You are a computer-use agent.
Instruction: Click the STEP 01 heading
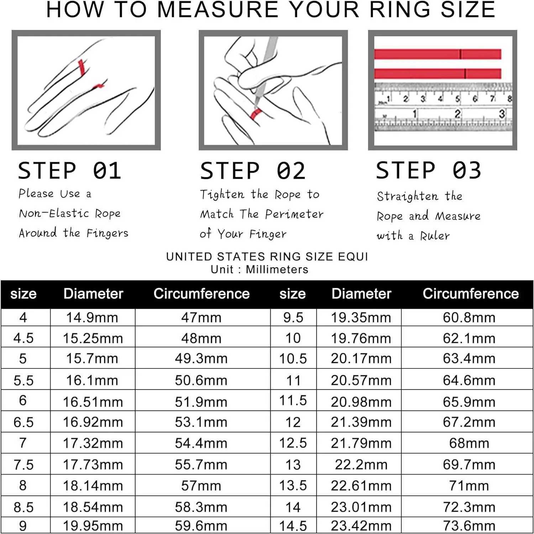[x=70, y=171]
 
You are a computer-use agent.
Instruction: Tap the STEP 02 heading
[x=253, y=171]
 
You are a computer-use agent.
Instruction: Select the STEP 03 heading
[x=429, y=170]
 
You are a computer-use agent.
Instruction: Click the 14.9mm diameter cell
[x=92, y=318]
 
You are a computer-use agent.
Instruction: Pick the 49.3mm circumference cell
[x=201, y=358]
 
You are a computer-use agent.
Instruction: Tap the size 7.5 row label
[x=23, y=465]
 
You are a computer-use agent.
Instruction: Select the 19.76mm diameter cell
[x=361, y=338]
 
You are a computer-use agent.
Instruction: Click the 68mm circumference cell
[x=469, y=443]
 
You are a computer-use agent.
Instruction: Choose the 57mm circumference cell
[x=201, y=486]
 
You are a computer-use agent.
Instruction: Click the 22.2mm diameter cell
[x=361, y=465]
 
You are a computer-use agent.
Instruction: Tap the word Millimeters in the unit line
[x=277, y=269]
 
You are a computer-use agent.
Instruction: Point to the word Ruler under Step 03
[x=435, y=236]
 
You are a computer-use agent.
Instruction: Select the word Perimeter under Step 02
[x=294, y=214]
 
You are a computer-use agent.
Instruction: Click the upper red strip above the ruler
[x=438, y=54]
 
